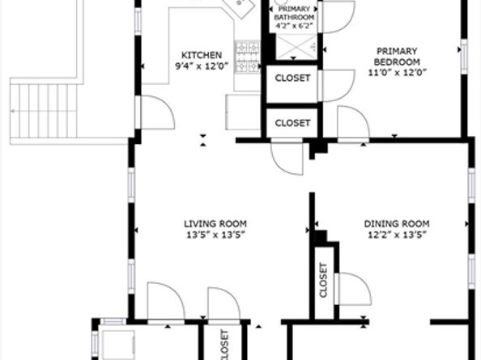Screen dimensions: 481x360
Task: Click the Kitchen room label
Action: coord(202,55)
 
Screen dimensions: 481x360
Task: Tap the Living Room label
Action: coord(215,223)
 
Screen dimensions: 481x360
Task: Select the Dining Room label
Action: coord(397,223)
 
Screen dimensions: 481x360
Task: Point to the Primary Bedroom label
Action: coord(397,57)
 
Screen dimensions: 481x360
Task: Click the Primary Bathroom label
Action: coord(294,13)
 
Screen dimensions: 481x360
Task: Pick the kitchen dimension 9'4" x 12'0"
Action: coord(202,66)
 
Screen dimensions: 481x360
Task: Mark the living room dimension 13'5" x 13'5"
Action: coord(216,235)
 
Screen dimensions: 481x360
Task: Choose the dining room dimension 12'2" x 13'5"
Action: coord(398,235)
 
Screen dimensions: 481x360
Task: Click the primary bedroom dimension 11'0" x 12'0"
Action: coord(398,73)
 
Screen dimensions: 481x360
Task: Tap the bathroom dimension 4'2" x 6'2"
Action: coord(295,26)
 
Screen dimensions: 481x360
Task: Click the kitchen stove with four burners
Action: coord(247,57)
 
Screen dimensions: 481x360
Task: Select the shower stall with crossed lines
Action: coord(296,47)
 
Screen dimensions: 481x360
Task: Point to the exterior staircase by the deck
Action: coord(43,111)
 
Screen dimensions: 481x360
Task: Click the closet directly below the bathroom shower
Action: coord(292,83)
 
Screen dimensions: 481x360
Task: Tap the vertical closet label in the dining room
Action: coord(323,280)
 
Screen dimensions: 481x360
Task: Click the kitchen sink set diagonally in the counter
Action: coord(239,6)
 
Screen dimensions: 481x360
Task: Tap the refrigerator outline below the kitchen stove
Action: coord(243,112)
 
